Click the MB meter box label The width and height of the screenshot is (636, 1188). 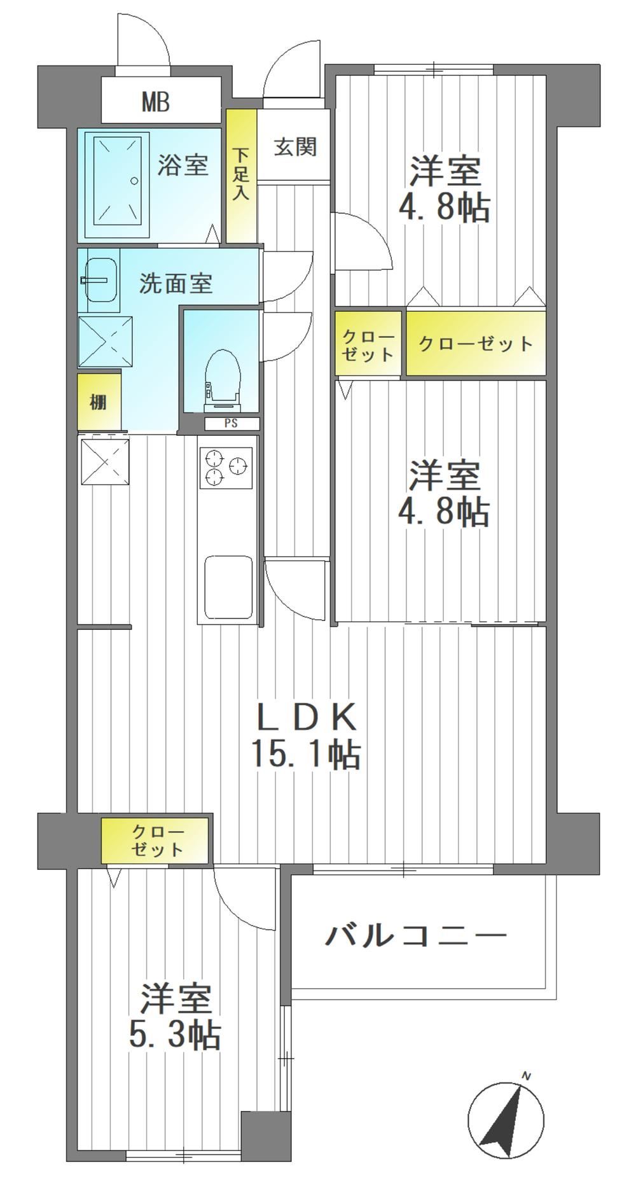tap(155, 102)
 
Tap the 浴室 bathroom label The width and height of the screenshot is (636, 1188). tap(183, 165)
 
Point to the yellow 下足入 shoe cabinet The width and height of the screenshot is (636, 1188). tap(242, 176)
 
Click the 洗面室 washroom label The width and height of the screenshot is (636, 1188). tap(176, 283)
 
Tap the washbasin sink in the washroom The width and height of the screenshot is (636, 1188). tap(100, 280)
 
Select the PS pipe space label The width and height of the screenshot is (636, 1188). tap(231, 423)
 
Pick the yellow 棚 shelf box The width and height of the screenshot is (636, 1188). tap(99, 402)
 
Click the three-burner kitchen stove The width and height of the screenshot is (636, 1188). tap(226, 468)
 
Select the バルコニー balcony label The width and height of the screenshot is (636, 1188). tap(417, 936)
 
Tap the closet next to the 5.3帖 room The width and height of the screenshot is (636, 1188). tap(155, 841)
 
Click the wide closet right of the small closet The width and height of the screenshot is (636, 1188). tap(476, 343)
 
